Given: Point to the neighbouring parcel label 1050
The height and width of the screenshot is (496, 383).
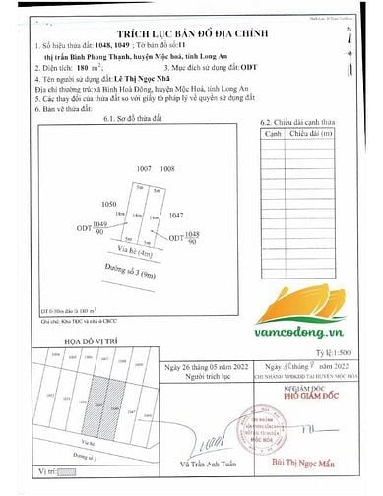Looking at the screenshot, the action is click(109, 205).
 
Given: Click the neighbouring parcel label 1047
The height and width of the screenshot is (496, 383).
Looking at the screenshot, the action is click(176, 214).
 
